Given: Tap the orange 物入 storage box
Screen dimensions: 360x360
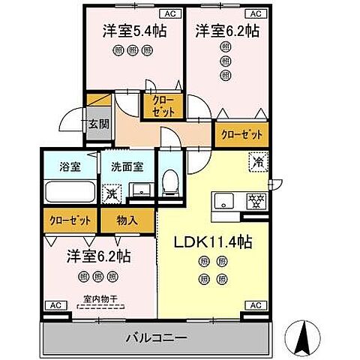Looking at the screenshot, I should click(127, 220).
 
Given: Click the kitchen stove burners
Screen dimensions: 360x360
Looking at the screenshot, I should click(256, 200).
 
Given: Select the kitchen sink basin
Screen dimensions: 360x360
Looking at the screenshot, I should click(225, 200).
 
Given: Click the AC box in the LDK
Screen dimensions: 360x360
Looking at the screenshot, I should click(256, 305).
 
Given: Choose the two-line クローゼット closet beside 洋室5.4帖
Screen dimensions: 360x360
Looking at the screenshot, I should click(160, 106).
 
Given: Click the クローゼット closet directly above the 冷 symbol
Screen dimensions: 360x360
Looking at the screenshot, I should click(242, 134).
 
